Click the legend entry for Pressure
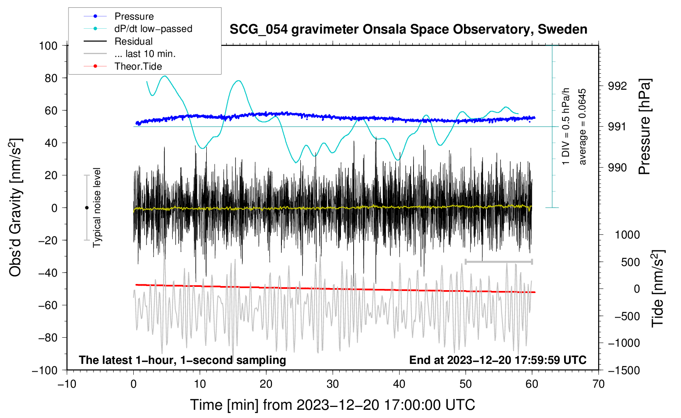point(119,16)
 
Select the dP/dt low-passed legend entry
point(138,29)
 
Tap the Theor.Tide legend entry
point(123,66)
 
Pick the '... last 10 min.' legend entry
point(130,54)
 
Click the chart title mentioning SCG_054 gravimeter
point(408,29)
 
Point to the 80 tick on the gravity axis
point(51,78)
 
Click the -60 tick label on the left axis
point(48,305)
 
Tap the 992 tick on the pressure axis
point(617,86)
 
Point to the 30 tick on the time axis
point(333,384)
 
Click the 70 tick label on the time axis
point(598,384)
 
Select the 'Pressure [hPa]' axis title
point(644,127)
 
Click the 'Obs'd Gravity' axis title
point(15,207)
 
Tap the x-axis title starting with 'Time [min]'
point(333,405)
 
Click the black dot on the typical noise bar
point(87,208)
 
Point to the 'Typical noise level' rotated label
point(97,208)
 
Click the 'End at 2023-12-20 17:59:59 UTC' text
point(498,360)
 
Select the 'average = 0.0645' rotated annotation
point(582,127)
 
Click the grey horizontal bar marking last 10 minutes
point(498,261)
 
